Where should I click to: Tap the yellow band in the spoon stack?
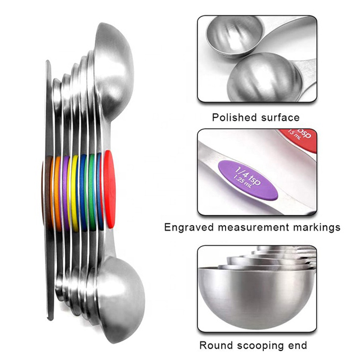point(74,191)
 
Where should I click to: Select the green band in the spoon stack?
point(91,191)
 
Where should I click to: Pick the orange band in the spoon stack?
point(57,191)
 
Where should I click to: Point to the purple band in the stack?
point(65,191)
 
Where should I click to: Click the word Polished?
point(234,118)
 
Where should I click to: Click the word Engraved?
point(189,227)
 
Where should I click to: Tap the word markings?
point(319,227)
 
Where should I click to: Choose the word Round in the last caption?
point(216,345)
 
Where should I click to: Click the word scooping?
point(262,345)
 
